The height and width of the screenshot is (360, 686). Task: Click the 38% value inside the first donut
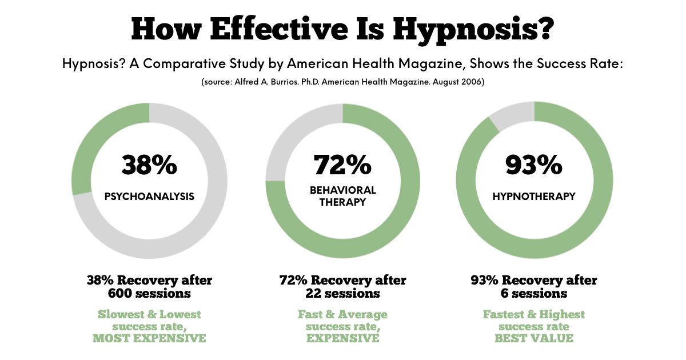point(149,165)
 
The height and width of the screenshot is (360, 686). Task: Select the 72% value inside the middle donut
point(342,165)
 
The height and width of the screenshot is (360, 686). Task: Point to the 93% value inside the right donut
point(533,165)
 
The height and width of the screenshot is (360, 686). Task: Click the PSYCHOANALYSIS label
point(149,197)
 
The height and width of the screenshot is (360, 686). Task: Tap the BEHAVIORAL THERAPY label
point(342,196)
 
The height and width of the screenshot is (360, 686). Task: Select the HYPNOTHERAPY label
point(533,197)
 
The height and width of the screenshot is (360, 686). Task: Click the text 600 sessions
point(149,294)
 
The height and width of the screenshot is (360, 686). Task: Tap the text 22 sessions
point(342,294)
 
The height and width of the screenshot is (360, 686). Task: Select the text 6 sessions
point(533,294)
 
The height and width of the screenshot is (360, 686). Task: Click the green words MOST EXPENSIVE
point(149,338)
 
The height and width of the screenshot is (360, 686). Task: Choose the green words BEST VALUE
point(533,338)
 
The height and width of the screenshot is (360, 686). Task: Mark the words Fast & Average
point(342,315)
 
